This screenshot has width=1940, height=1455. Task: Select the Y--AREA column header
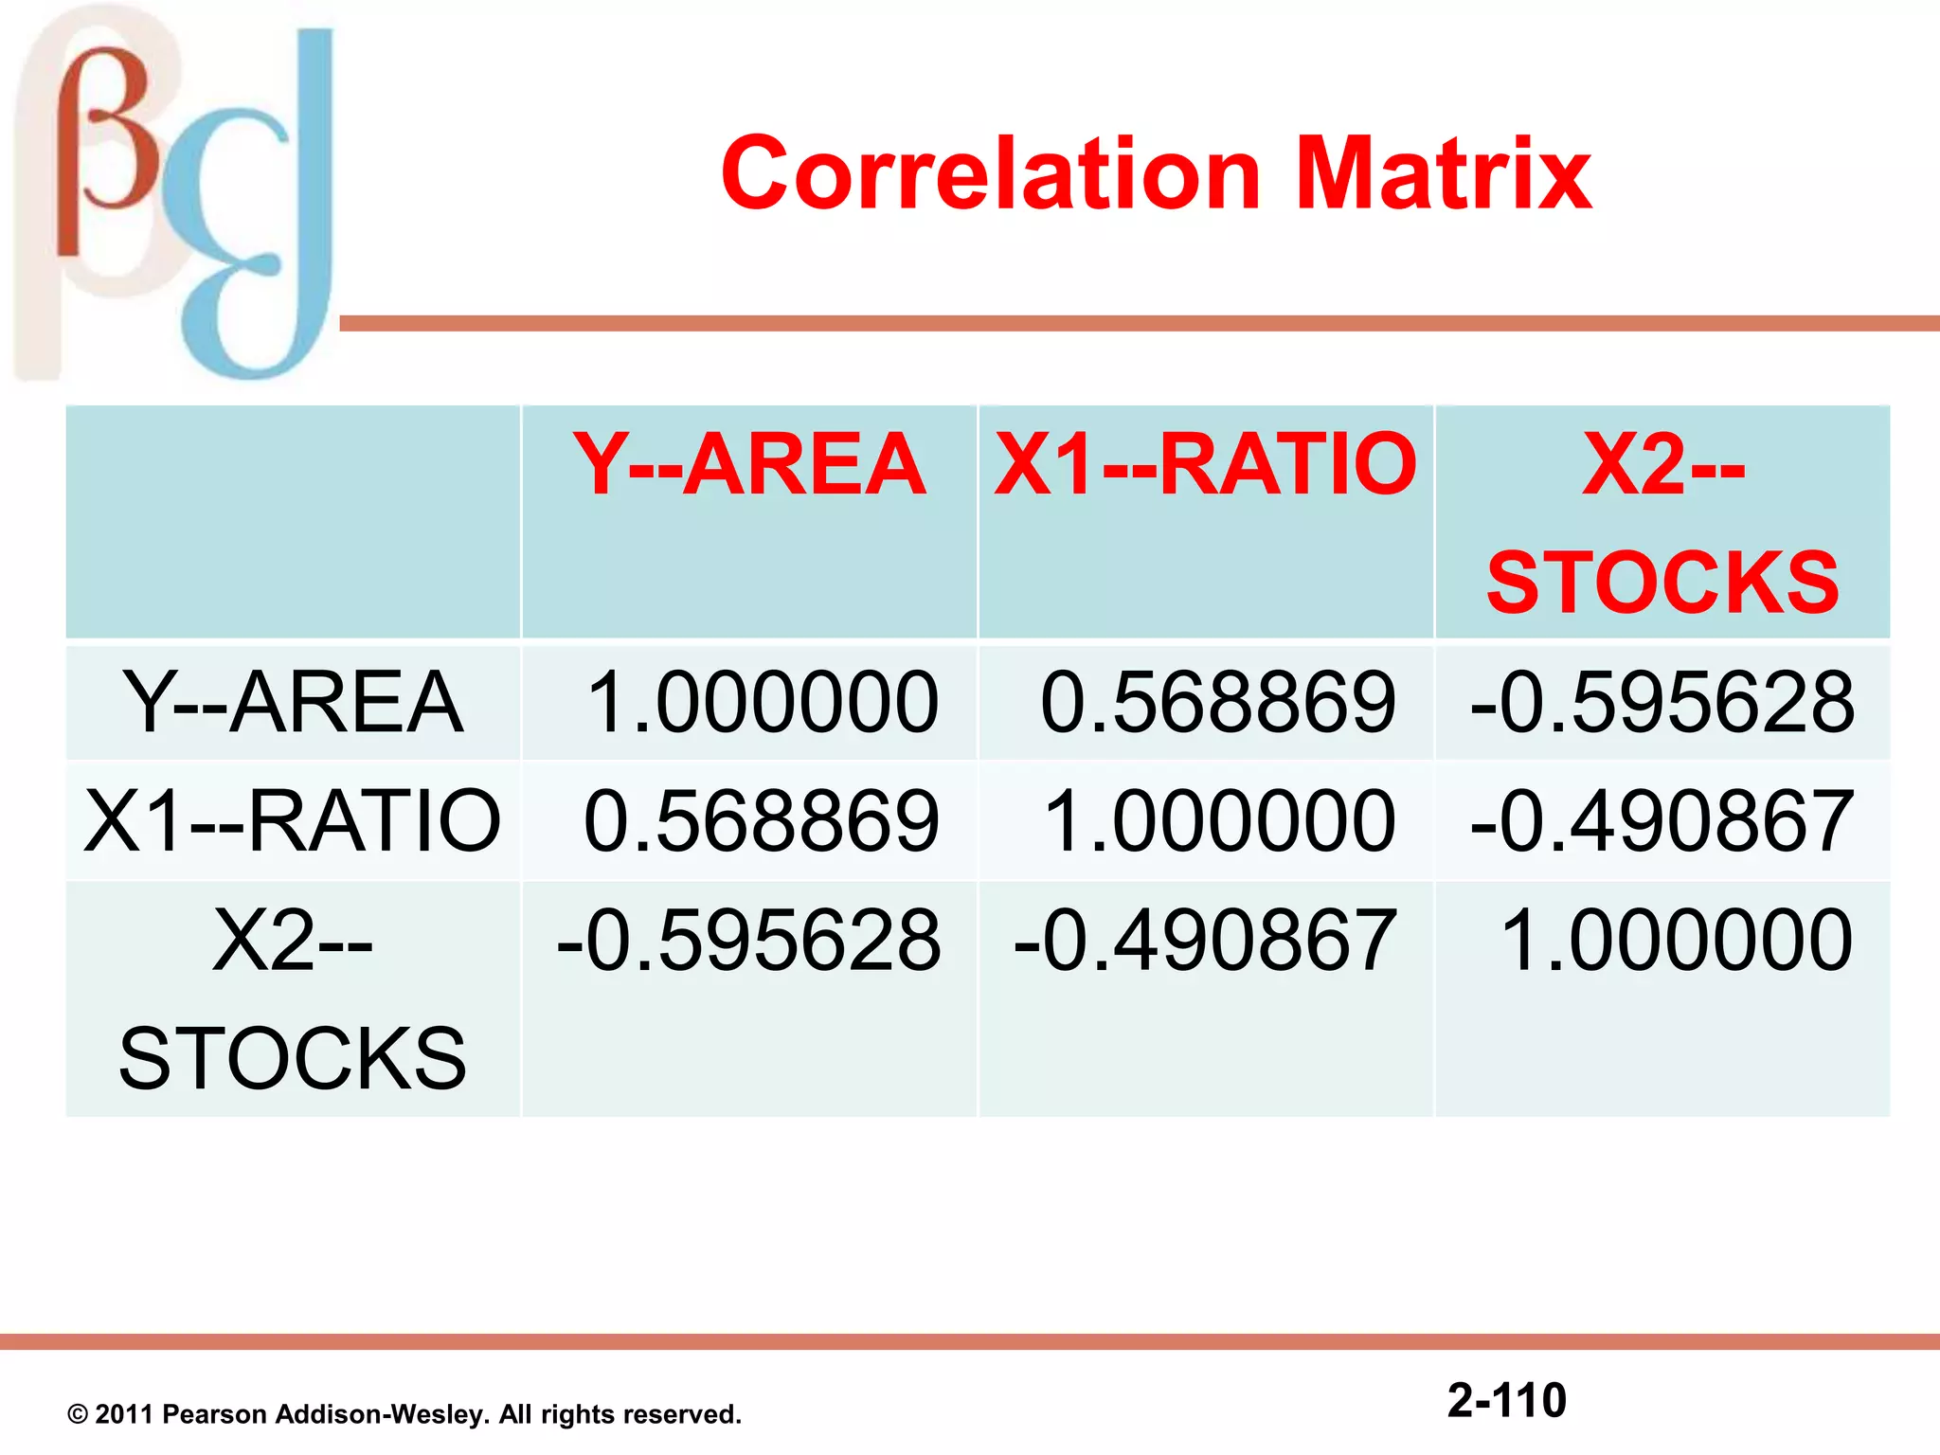(x=748, y=464)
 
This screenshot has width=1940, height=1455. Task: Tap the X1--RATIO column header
(x=1205, y=464)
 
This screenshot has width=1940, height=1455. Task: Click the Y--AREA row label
(x=293, y=702)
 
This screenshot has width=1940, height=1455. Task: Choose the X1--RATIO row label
(x=293, y=820)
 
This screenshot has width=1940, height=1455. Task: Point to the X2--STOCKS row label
(x=293, y=998)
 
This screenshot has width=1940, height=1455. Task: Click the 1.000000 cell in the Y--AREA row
(x=762, y=702)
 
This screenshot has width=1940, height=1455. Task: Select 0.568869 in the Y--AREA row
(x=1218, y=702)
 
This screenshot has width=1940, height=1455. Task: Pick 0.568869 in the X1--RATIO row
(x=762, y=820)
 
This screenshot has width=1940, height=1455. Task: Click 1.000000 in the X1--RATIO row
(x=1218, y=820)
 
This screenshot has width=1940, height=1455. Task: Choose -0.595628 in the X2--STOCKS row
(x=748, y=940)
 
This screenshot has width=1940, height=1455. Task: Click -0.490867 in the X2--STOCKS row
(x=1205, y=940)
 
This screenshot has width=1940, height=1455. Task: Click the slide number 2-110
(x=1506, y=1400)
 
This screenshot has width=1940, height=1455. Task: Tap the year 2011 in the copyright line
(x=123, y=1415)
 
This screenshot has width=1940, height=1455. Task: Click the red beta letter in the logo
(x=104, y=152)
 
